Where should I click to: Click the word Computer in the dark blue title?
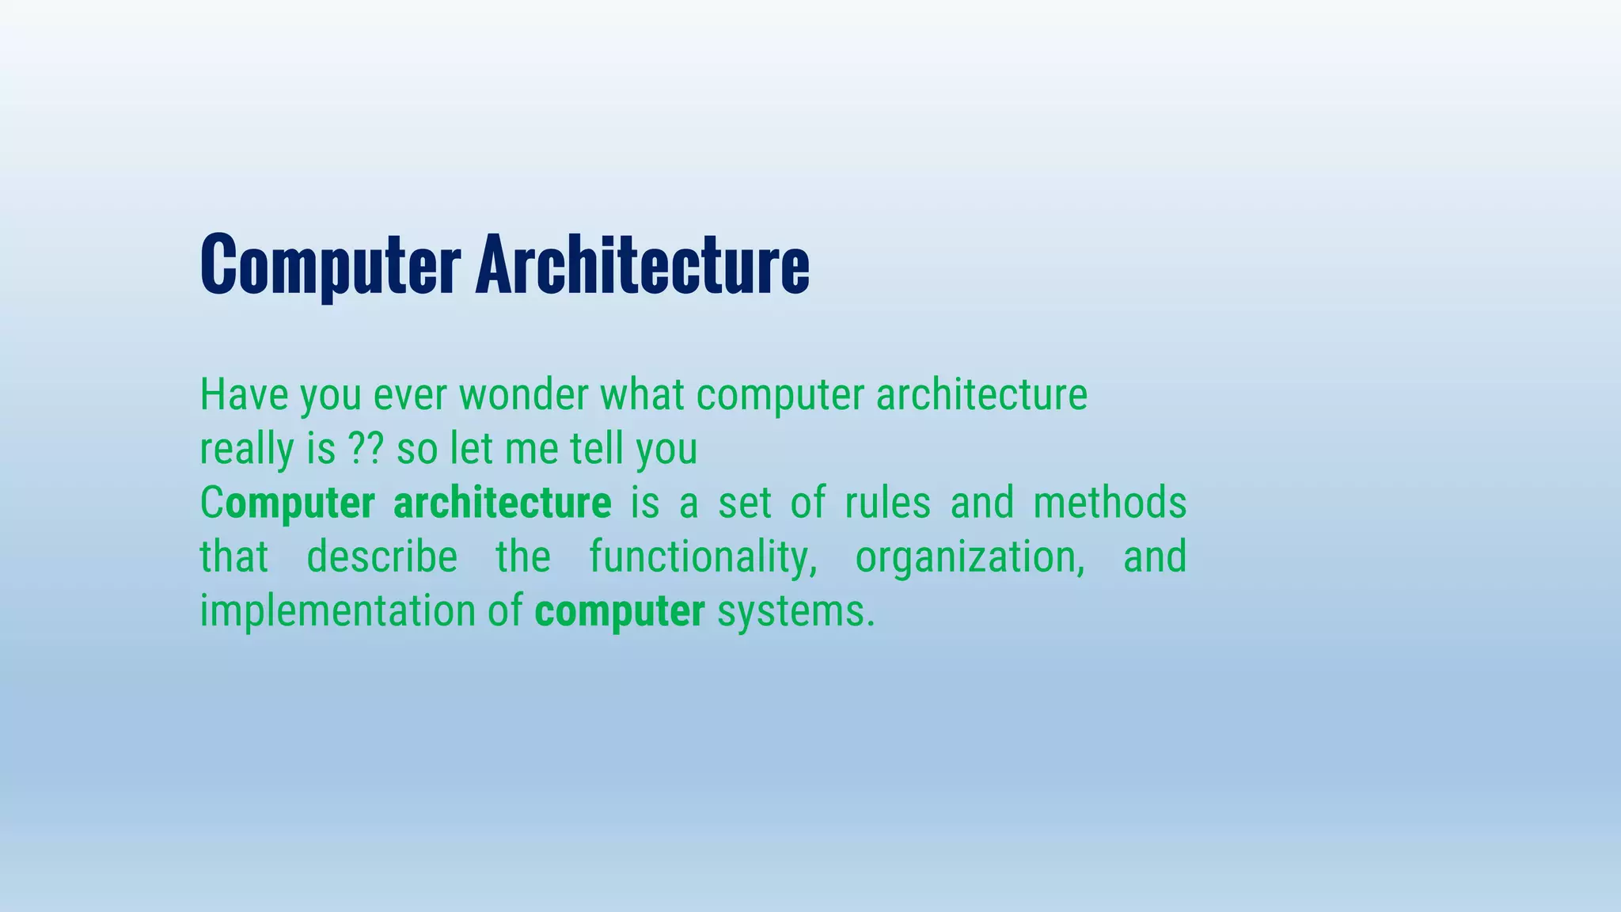[x=330, y=264]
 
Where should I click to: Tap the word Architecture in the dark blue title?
[x=642, y=264]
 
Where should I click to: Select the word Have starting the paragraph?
[x=244, y=394]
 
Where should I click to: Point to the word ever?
[x=410, y=394]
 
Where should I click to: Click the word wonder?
[x=523, y=394]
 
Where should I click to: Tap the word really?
[x=246, y=450]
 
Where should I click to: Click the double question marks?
[x=366, y=448]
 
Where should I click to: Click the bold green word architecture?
[x=502, y=503]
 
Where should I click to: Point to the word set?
[x=744, y=503]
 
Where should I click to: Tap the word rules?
[x=887, y=503]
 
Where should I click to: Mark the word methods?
[x=1110, y=503]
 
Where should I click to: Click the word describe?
[x=382, y=557]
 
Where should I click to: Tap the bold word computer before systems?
[x=620, y=612]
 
